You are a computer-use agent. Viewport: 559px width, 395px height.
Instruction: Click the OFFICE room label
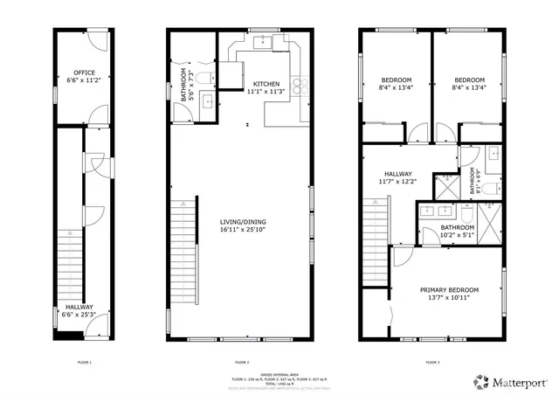(84, 73)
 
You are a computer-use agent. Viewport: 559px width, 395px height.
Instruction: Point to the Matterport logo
(507, 381)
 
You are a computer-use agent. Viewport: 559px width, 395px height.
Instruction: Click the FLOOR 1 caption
(84, 361)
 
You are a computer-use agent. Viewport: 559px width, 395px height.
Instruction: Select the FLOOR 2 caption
(242, 361)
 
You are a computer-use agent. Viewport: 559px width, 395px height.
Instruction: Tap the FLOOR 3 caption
(432, 361)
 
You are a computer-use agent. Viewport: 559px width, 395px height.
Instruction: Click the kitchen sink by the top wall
(262, 40)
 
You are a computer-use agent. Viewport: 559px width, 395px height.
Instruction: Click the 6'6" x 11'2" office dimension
(84, 80)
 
